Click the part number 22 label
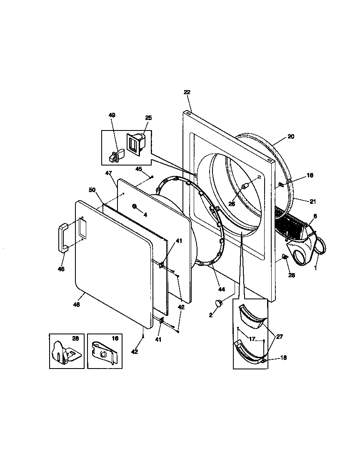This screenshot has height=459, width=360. (187, 93)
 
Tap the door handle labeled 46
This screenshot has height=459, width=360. (63, 237)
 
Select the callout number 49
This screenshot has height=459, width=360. (112, 115)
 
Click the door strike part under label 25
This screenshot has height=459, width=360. (135, 145)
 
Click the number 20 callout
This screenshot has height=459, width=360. (291, 136)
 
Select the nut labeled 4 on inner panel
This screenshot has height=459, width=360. (135, 206)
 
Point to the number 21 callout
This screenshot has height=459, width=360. (313, 201)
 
